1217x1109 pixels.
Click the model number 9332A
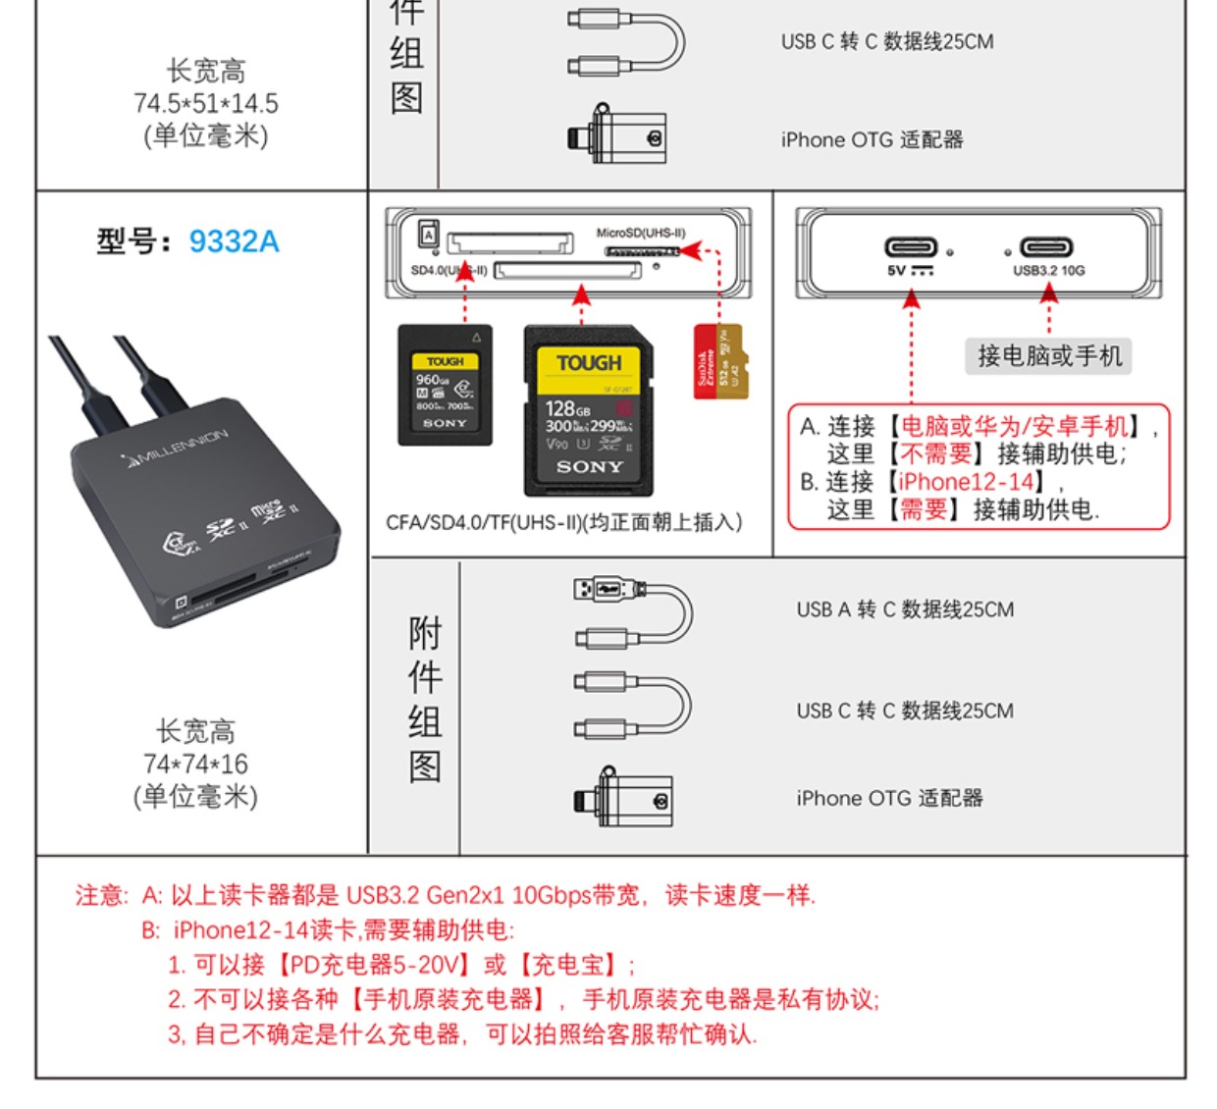click(x=234, y=241)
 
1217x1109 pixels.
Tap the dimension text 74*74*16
click(x=195, y=764)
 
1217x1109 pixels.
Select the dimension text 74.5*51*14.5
click(x=206, y=103)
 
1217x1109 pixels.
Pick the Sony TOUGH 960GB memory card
click(x=445, y=386)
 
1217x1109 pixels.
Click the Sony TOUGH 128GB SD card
click(x=589, y=410)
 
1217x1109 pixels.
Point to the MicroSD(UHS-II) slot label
click(x=641, y=234)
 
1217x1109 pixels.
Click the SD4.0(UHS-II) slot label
click(x=449, y=271)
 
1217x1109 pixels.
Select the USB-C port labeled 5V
click(x=911, y=247)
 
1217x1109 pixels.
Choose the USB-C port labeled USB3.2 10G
click(x=1046, y=247)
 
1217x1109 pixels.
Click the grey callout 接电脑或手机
click(x=1048, y=355)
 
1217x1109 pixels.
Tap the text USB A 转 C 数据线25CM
click(x=905, y=609)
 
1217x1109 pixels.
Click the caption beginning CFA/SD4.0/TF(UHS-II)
click(x=563, y=522)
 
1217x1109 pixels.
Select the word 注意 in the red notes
click(x=100, y=895)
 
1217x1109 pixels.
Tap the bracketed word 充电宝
click(x=568, y=965)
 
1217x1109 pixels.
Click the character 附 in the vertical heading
click(x=425, y=634)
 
